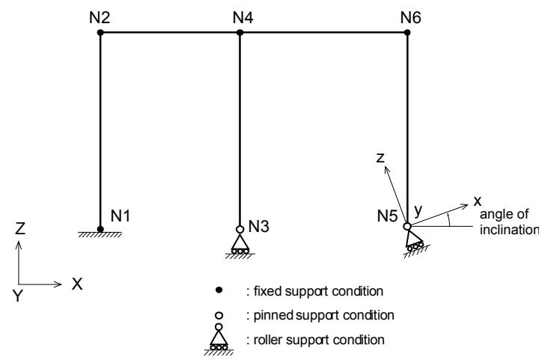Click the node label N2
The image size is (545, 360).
(100, 17)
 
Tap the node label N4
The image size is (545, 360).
(243, 17)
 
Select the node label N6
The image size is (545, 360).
(410, 17)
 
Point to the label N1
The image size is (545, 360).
(121, 216)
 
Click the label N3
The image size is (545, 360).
(259, 227)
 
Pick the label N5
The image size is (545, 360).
(387, 216)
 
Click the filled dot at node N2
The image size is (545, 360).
(100, 33)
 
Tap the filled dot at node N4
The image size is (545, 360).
(240, 33)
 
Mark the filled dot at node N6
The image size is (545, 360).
(407, 33)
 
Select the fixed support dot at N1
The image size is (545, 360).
(100, 229)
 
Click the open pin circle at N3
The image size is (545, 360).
(240, 229)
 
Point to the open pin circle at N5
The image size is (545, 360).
(407, 226)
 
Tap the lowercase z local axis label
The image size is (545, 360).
(380, 158)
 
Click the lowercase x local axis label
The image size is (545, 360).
(478, 201)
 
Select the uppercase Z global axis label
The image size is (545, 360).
(20, 228)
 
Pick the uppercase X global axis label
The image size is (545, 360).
(77, 284)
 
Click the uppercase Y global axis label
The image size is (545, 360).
(17, 296)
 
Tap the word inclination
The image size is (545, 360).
(509, 230)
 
